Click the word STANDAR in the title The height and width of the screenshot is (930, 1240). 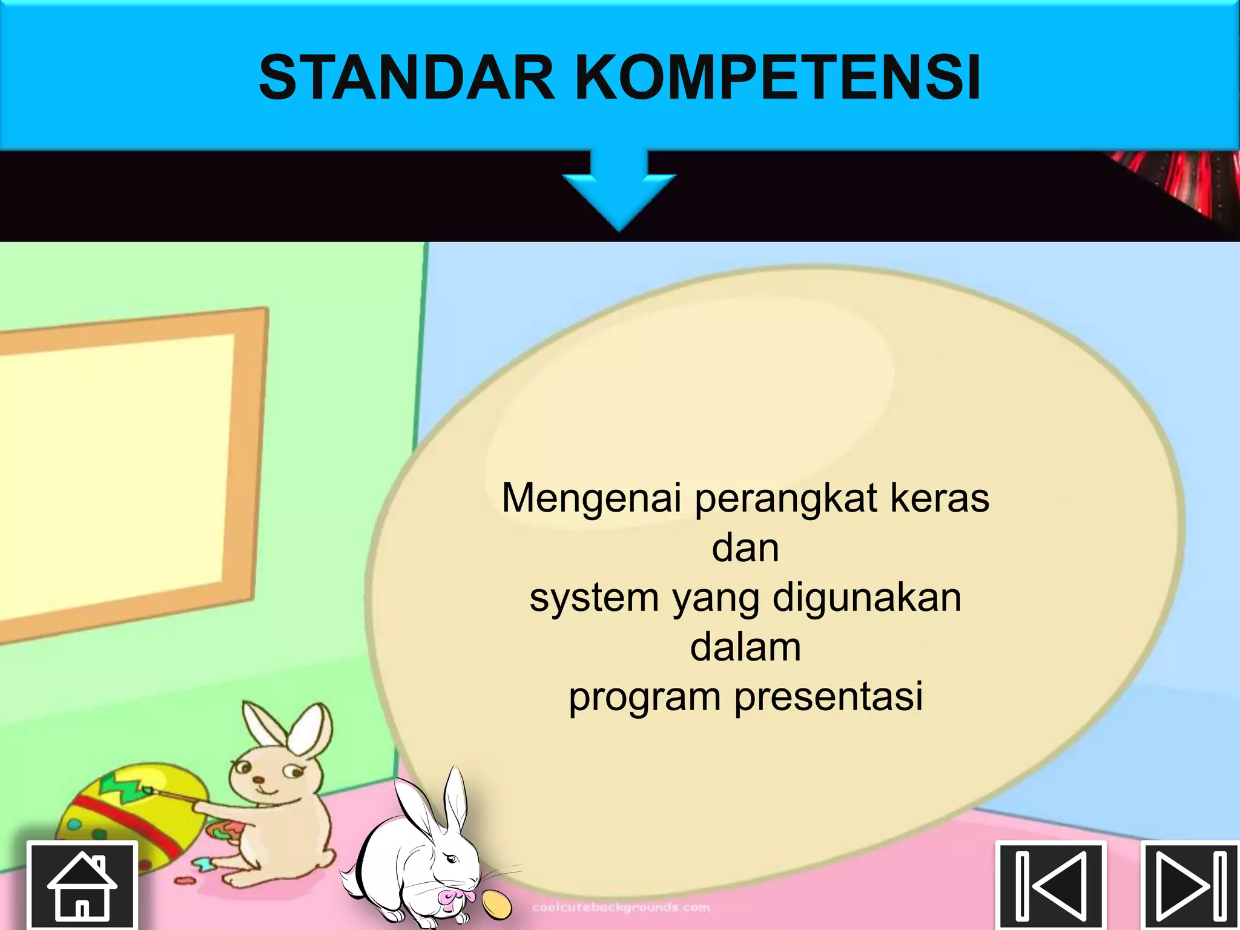pos(407,78)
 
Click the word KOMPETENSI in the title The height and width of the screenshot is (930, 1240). pos(777,78)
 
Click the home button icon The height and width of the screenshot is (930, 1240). pos(82,885)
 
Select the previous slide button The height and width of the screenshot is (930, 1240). pos(1052,885)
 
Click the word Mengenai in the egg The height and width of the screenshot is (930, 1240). pos(592,499)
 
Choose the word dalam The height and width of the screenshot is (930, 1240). pos(745,647)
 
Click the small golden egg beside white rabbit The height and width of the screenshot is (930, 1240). pos(496,905)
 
